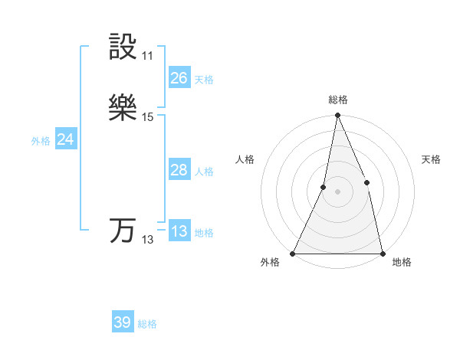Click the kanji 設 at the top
[123, 47]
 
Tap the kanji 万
[123, 231]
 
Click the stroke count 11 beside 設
[148, 56]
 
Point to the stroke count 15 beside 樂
[148, 117]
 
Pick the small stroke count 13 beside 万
[148, 240]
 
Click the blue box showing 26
[179, 78]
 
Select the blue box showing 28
[179, 170]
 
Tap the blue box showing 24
[65, 139]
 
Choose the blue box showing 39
[122, 322]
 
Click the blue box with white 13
[179, 232]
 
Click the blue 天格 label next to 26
[204, 80]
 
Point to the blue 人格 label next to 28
[204, 172]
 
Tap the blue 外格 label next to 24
[41, 141]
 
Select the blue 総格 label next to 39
[147, 324]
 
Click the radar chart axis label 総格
[338, 100]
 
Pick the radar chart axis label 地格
[402, 262]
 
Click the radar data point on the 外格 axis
[293, 253]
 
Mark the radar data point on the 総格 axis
[338, 115]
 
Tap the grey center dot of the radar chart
[338, 191]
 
